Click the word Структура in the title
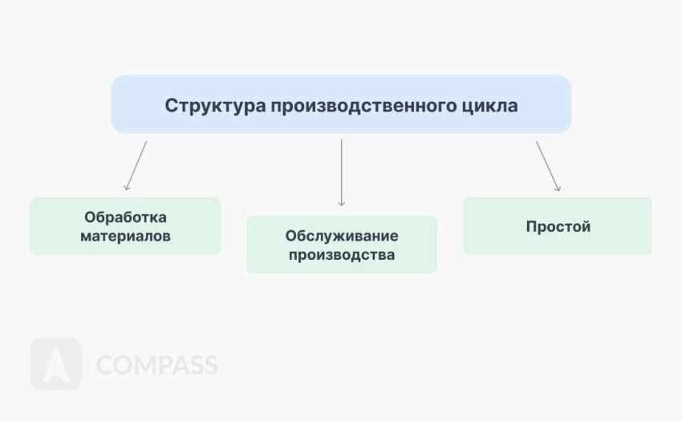[215, 106]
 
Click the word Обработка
[125, 217]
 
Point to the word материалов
[125, 236]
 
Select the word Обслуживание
[342, 236]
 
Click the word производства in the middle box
[342, 255]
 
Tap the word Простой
[558, 227]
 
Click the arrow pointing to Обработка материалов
[136, 166]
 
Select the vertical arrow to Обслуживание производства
[342, 172]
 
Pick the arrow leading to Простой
[548, 166]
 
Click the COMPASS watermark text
[156, 365]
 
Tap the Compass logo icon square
[55, 364]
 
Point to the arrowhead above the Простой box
[558, 188]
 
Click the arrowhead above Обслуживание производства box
[342, 203]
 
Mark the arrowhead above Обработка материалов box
[126, 188]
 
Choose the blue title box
[342, 104]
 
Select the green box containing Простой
[558, 225]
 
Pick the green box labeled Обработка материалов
[125, 225]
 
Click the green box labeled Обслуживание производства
[342, 245]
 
